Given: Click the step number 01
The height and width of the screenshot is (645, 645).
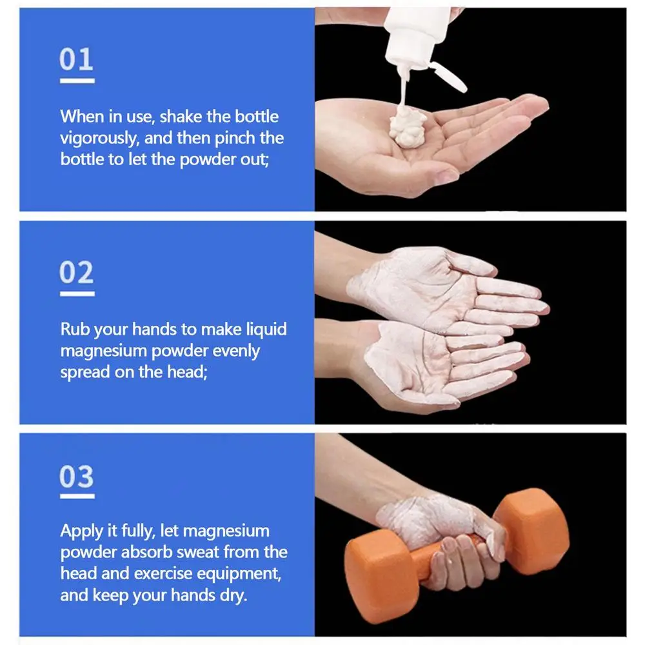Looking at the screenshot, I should point(77,59).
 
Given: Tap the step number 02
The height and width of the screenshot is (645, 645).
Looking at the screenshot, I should point(77,273).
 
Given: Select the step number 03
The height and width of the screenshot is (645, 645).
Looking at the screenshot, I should point(77,477).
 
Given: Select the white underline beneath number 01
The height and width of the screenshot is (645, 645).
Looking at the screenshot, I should point(77,81).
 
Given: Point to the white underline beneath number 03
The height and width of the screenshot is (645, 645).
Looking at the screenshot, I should point(77,497).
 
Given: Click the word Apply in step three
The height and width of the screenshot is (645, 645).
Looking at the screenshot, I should point(81,531).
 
